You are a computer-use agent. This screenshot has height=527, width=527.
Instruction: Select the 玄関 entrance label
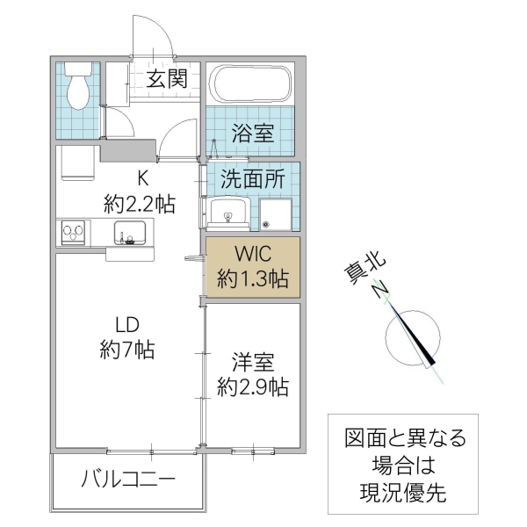166,79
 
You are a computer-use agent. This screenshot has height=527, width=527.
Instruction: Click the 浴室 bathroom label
253,134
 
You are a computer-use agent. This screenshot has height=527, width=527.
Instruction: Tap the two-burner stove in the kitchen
74,233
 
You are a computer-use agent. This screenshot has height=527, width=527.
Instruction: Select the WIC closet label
254,256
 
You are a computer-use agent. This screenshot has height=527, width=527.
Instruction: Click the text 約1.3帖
254,279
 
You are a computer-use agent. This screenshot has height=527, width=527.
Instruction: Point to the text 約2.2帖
139,206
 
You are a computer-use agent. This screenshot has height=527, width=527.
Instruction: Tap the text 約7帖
127,349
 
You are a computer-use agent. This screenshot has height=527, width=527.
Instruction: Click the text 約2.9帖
254,386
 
